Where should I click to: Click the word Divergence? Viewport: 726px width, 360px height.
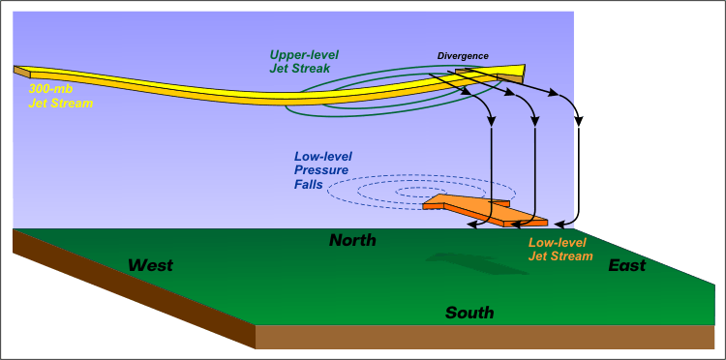tap(462, 56)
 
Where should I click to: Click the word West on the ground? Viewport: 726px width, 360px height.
tap(150, 264)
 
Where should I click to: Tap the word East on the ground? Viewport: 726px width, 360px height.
tap(627, 265)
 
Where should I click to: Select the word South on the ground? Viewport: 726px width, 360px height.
tap(469, 313)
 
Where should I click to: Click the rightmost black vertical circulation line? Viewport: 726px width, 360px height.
tap(579, 174)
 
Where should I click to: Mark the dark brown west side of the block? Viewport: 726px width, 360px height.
tap(126, 290)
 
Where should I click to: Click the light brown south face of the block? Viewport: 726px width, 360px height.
tap(484, 337)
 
